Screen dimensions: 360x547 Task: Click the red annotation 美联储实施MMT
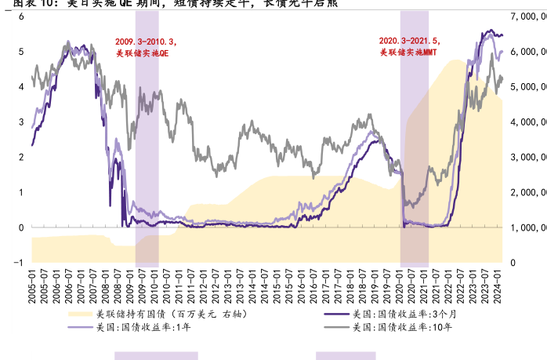[408, 53]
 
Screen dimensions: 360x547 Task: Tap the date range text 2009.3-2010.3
[146, 41]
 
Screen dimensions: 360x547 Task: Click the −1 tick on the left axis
[19, 263]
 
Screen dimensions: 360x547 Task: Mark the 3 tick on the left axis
[21, 122]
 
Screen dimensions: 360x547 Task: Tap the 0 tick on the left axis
[21, 227]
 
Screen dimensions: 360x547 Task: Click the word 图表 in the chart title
[16, 3]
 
